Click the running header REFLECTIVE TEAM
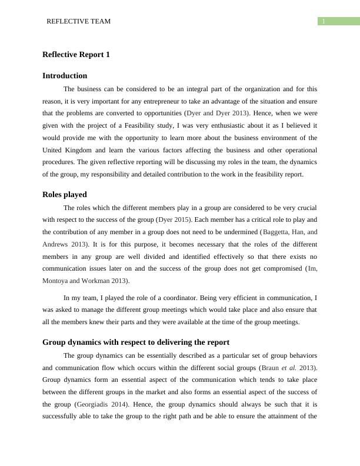[78, 21]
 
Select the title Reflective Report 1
[76, 55]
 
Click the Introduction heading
[65, 76]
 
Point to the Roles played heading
[65, 194]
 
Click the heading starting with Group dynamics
[136, 342]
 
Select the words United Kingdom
[66, 150]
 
